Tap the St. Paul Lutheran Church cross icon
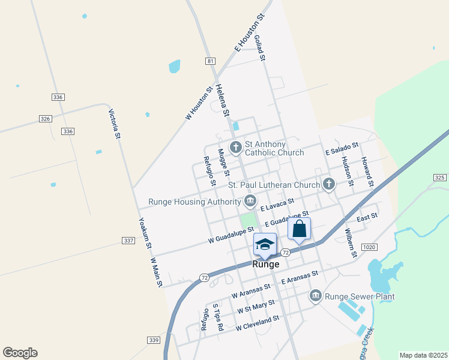point(328,185)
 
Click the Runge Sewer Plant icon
point(316,295)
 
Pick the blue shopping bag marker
point(299,229)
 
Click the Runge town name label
point(265,264)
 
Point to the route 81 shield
point(209,61)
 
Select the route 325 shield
point(439,177)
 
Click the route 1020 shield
point(369,247)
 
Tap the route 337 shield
point(128,241)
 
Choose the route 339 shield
point(154,340)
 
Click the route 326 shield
point(46,119)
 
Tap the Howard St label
point(367,171)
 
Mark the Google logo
point(20,352)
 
